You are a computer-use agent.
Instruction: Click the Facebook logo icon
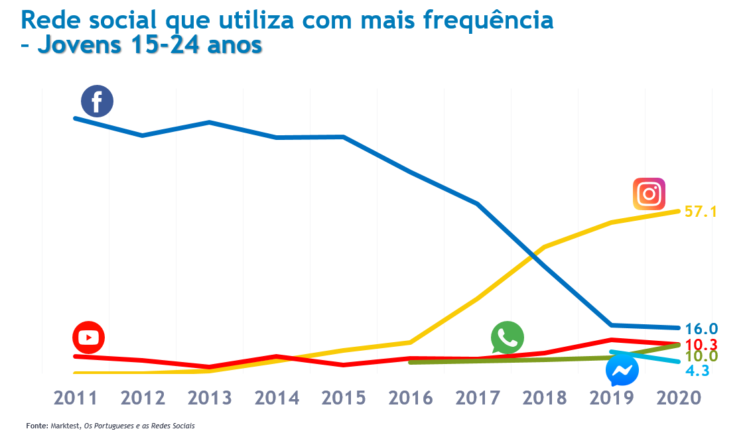click(x=97, y=101)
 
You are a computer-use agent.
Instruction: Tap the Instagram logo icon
click(x=649, y=194)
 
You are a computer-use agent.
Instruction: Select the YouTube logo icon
click(x=88, y=338)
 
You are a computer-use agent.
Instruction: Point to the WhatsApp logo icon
click(x=507, y=338)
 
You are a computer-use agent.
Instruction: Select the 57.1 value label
click(x=701, y=212)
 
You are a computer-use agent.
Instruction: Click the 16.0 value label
click(x=701, y=329)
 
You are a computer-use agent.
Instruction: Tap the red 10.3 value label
click(x=701, y=345)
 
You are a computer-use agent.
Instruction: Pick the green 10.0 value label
click(x=701, y=357)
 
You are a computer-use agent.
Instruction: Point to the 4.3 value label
click(x=697, y=371)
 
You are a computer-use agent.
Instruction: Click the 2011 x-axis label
click(x=76, y=398)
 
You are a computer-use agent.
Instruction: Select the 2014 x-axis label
click(x=277, y=398)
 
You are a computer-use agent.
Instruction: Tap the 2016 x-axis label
click(x=411, y=398)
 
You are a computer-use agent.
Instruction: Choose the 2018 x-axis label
click(x=545, y=398)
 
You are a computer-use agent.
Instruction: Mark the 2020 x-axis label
click(x=678, y=398)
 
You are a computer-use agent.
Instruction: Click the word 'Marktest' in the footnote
click(x=65, y=425)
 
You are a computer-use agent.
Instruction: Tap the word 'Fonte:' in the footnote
click(x=37, y=425)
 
